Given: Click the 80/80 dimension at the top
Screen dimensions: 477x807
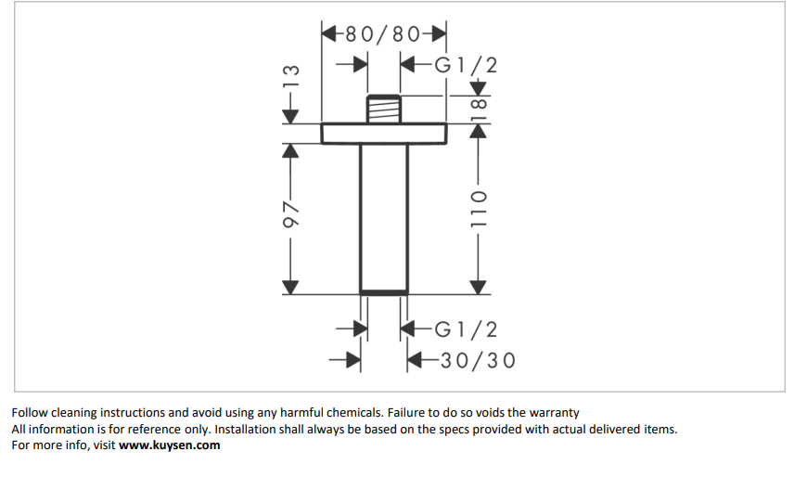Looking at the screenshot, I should (x=382, y=35).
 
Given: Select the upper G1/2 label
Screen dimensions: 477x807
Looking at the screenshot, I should (x=466, y=65).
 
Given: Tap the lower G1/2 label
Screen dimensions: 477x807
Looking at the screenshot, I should (x=466, y=329).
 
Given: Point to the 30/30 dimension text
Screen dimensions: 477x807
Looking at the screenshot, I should (x=476, y=360).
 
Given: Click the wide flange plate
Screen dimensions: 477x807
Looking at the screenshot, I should (x=383, y=133).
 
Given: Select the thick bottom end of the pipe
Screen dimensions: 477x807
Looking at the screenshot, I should (x=383, y=292).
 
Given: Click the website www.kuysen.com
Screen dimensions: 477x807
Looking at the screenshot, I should (x=169, y=445).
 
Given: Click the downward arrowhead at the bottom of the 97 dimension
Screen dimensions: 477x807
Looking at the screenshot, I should (x=291, y=286).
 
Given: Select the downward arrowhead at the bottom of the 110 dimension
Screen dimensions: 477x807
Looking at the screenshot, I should (x=478, y=286).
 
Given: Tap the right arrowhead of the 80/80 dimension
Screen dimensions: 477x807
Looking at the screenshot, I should (x=438, y=35).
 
